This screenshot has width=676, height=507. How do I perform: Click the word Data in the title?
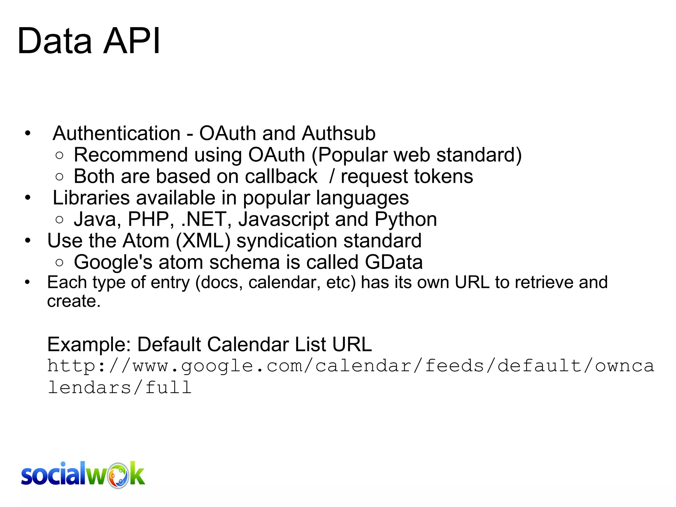click(x=54, y=41)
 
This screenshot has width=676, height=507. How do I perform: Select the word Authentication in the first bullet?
click(x=117, y=133)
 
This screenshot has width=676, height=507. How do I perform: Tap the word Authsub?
click(x=338, y=133)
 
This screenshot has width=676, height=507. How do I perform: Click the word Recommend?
click(x=131, y=155)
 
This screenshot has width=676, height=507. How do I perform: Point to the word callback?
click(x=281, y=176)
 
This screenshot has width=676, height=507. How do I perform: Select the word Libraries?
click(x=91, y=198)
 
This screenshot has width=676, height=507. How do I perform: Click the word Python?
click(x=406, y=219)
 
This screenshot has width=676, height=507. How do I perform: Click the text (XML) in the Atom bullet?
click(x=203, y=241)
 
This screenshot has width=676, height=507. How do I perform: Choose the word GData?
click(x=393, y=262)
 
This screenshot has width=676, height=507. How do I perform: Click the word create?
click(x=73, y=301)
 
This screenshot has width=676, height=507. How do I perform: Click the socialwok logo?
click(x=83, y=475)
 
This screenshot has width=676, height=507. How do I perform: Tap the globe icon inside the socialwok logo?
click(x=118, y=476)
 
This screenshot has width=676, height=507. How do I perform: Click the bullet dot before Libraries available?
click(x=28, y=198)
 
